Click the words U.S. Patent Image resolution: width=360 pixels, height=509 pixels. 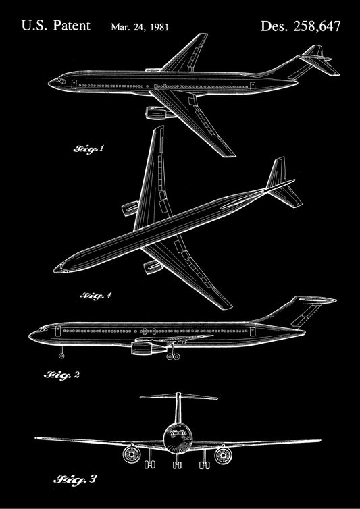[56, 26]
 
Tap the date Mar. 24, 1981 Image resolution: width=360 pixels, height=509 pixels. [140, 27]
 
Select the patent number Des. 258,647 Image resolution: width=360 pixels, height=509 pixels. [301, 26]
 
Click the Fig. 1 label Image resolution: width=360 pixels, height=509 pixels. [88, 149]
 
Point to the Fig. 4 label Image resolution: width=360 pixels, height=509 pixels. [96, 296]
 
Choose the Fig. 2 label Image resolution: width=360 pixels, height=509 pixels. [61, 375]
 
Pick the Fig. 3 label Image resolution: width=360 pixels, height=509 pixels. [75, 479]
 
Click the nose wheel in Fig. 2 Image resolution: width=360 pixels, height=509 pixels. [61, 356]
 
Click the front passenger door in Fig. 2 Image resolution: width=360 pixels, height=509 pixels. [58, 331]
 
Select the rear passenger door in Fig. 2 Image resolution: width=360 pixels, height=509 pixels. [253, 331]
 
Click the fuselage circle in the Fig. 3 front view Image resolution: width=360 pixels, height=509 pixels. [178, 436]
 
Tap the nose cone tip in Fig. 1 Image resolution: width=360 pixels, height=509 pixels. [49, 83]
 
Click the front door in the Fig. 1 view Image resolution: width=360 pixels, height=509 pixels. [74, 84]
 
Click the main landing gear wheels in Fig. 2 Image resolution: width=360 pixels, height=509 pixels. [173, 356]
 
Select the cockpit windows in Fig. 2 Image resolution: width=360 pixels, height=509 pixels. [43, 329]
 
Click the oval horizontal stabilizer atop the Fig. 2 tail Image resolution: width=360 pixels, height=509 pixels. [317, 300]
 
